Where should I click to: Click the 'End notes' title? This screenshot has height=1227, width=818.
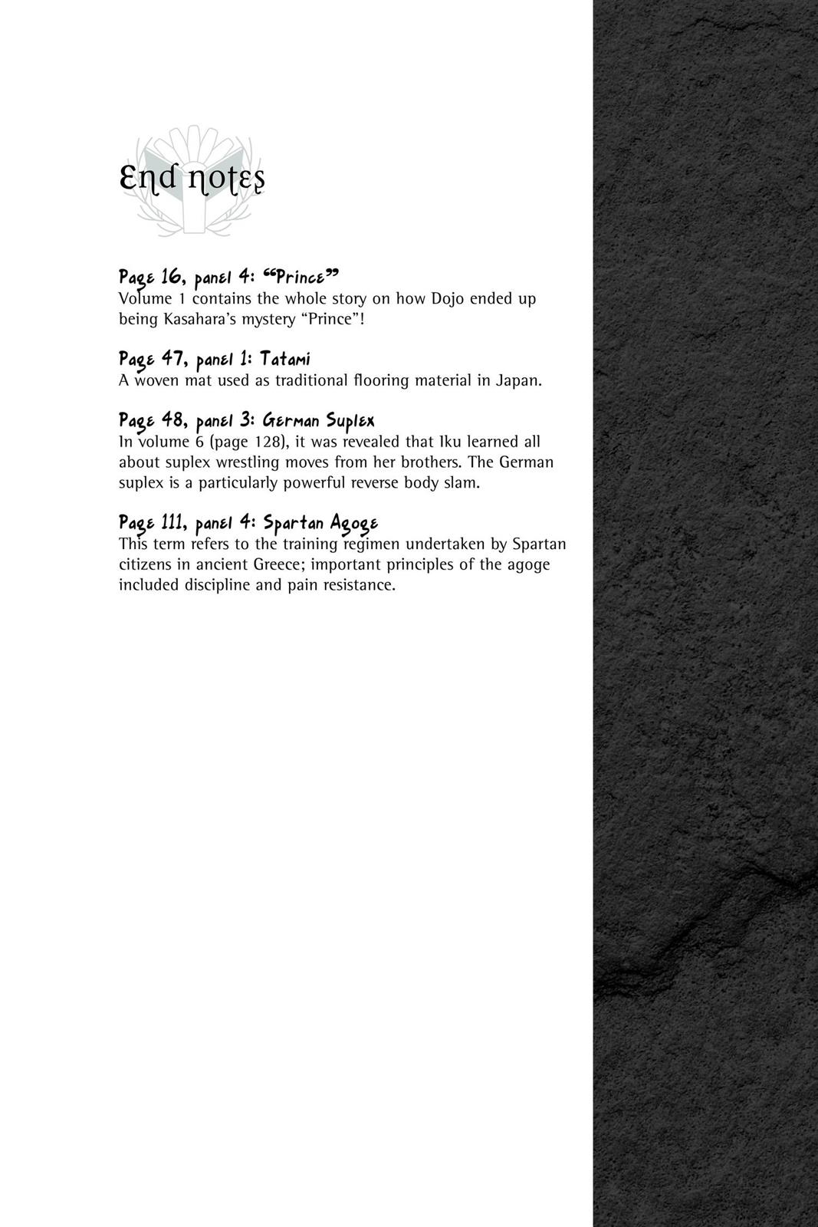click(192, 180)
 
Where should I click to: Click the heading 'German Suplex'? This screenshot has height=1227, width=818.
click(318, 420)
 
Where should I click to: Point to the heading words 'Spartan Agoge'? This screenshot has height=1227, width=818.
click(320, 523)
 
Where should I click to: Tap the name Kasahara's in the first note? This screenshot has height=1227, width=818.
click(194, 318)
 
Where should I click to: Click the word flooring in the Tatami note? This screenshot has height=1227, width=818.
click(380, 380)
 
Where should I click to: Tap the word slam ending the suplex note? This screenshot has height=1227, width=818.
click(461, 483)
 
